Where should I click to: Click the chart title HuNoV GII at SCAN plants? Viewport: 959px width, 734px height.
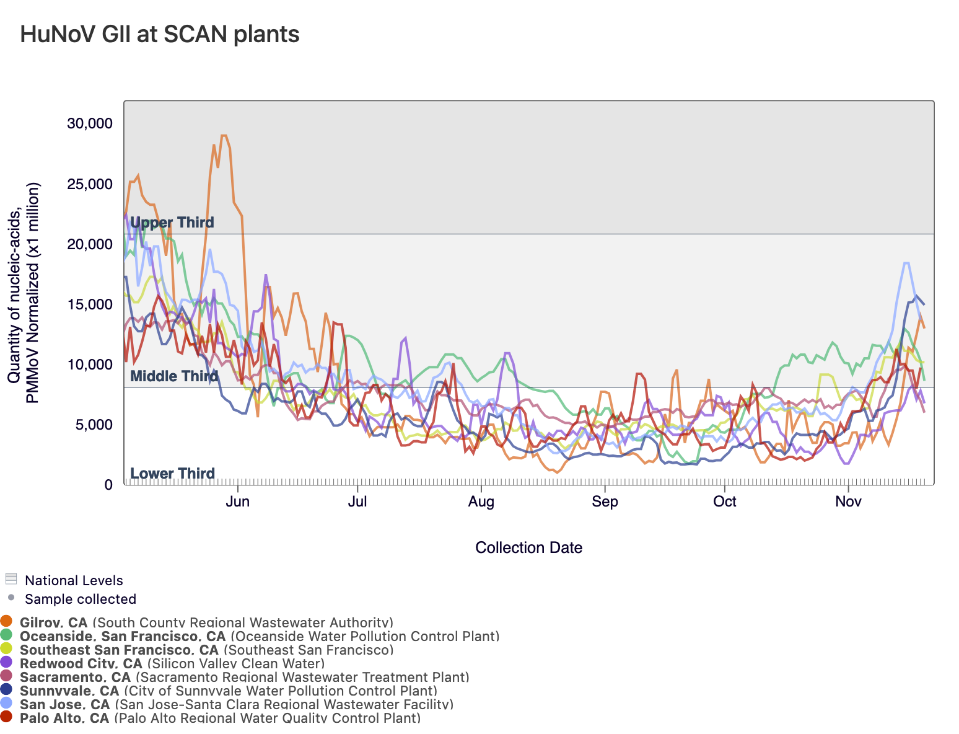point(160,34)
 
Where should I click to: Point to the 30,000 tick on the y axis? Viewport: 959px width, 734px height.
point(90,123)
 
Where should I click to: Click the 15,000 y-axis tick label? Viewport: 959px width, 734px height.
point(90,304)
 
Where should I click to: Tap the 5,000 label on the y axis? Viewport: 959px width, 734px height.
point(93,425)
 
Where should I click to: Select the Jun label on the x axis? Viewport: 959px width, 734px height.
point(238,502)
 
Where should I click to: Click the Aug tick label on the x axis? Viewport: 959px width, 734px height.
point(481,502)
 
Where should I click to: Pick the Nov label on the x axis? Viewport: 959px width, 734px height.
point(848,502)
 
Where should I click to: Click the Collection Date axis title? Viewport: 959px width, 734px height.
point(528,547)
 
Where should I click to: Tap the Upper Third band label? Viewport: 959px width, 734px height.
point(172,223)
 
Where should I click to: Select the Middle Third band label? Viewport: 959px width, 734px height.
point(174,376)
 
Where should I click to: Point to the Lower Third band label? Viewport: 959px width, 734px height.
point(172,474)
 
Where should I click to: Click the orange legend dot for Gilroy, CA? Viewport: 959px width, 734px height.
point(6,621)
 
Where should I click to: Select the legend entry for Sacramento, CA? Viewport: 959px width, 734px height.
point(76,677)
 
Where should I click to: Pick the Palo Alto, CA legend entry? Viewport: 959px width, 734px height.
point(64,718)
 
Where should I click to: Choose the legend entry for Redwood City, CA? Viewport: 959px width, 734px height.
point(81,663)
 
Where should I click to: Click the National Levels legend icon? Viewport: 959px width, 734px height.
point(11,579)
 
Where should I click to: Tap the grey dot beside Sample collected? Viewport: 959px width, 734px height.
point(11,598)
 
